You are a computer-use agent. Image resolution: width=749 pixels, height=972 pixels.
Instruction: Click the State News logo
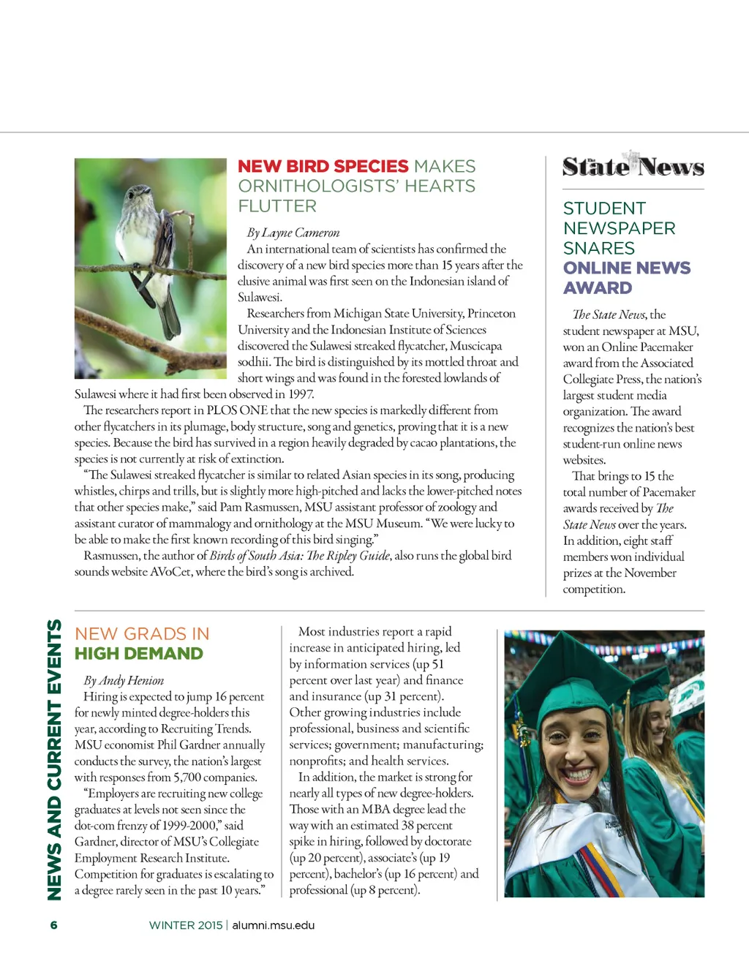click(x=633, y=167)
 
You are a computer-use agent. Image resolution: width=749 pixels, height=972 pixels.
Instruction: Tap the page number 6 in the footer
click(x=53, y=925)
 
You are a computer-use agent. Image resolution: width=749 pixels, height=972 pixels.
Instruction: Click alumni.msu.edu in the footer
click(x=274, y=925)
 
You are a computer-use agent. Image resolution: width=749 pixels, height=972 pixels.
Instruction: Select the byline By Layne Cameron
click(x=293, y=233)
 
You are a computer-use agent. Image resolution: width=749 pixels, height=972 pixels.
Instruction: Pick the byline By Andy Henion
click(x=124, y=680)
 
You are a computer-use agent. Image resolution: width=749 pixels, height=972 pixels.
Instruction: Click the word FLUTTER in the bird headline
click(x=277, y=206)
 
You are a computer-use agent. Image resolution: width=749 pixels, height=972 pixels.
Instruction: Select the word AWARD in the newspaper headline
click(x=598, y=288)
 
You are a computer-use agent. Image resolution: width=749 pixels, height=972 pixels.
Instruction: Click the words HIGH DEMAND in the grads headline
click(x=139, y=654)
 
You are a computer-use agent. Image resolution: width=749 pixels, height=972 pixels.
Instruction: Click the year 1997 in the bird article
click(x=301, y=394)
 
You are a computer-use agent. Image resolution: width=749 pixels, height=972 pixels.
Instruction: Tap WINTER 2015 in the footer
click(x=186, y=925)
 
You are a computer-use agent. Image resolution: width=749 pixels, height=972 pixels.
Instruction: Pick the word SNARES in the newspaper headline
click(x=599, y=249)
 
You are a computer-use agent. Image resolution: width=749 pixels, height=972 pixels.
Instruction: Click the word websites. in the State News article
click(x=584, y=460)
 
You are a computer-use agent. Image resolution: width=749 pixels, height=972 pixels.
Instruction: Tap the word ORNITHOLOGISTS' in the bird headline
click(x=318, y=187)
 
